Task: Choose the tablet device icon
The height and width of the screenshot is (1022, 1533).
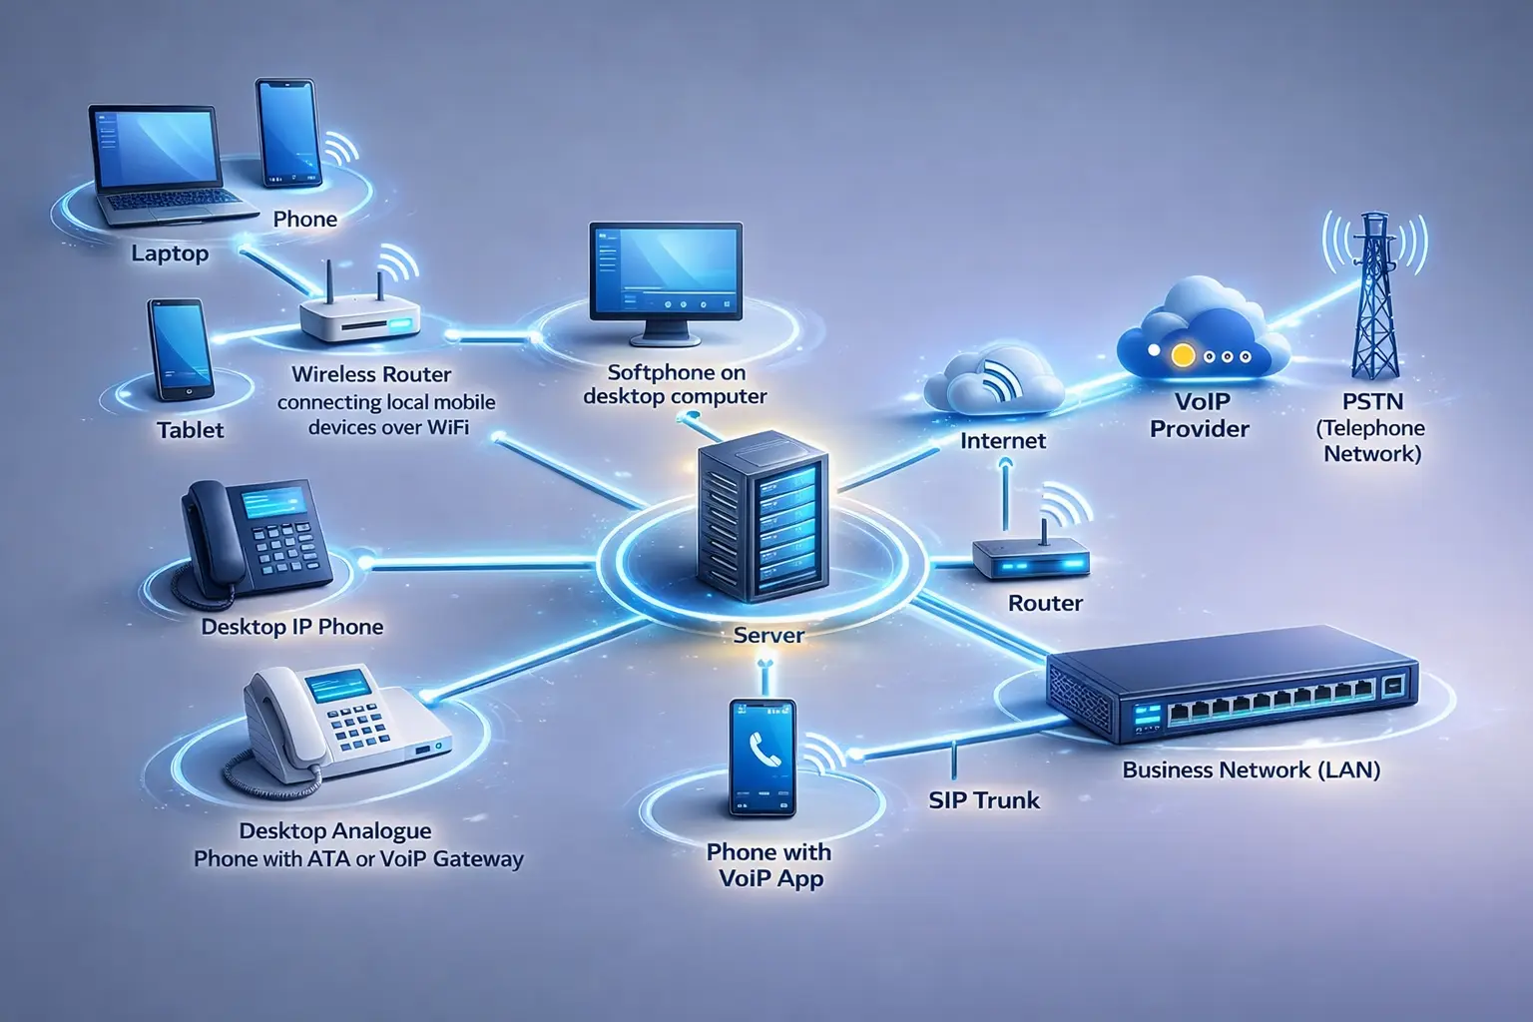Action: click(x=180, y=349)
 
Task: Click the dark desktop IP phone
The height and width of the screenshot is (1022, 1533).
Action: click(x=254, y=539)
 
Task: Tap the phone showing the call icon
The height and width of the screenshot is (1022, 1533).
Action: click(x=764, y=758)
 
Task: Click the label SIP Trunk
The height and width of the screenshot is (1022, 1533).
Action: click(x=984, y=800)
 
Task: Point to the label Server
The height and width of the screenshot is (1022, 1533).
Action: click(x=768, y=635)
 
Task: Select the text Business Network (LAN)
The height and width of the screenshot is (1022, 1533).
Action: click(x=1252, y=770)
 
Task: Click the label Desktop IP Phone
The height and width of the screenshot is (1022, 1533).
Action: click(x=292, y=627)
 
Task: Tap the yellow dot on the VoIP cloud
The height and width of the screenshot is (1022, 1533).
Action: click(x=1183, y=354)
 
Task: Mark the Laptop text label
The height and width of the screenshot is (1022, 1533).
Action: click(x=170, y=254)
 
